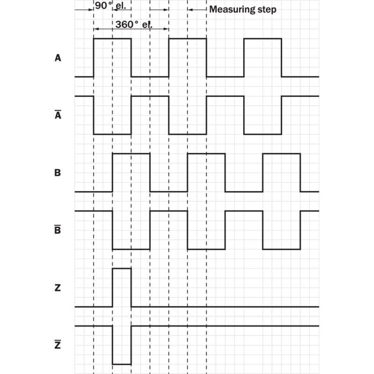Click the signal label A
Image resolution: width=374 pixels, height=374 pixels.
coord(58,58)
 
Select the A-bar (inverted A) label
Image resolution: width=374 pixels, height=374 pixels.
coord(58,115)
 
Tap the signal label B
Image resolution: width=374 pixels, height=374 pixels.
coord(58,173)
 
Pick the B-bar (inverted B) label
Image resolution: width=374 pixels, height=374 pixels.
coord(58,229)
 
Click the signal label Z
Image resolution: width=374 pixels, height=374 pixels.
coord(58,288)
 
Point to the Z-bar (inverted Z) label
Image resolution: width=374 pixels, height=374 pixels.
coord(58,344)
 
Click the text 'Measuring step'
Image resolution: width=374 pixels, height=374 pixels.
coord(243,9)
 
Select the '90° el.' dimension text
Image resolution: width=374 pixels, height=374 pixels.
coord(110,6)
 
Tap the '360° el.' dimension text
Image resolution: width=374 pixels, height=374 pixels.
coord(134,24)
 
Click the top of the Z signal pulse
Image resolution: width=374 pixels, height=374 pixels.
coord(122,268)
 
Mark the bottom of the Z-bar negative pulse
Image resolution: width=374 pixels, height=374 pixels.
coord(122,364)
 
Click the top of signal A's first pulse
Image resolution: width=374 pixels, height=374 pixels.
coord(112,38)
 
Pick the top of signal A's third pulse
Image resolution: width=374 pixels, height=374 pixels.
coord(263,38)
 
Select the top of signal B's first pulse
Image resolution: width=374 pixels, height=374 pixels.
coord(131,154)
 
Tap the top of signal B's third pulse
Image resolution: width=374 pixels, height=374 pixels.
coord(281,154)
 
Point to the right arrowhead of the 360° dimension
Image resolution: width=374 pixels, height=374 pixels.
coord(166,29)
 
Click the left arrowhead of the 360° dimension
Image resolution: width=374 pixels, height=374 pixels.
coord(96,29)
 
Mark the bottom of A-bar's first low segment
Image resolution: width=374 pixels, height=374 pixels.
coord(112,134)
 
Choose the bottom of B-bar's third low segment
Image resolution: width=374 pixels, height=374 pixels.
coord(281,249)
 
